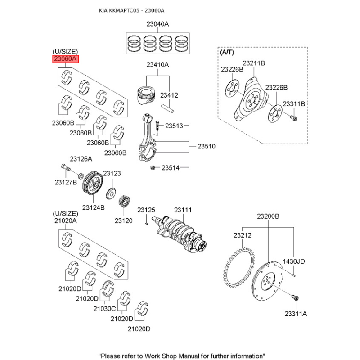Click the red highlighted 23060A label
(66, 59)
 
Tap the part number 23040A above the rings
(157, 24)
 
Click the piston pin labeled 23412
(168, 108)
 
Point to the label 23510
(207, 146)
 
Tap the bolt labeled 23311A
(296, 298)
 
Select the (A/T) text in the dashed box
(227, 52)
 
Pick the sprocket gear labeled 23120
(125, 202)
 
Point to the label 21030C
(104, 309)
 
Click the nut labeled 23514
(153, 167)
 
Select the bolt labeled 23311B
(294, 118)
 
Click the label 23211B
(254, 63)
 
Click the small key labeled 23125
(147, 223)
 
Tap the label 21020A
(65, 220)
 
